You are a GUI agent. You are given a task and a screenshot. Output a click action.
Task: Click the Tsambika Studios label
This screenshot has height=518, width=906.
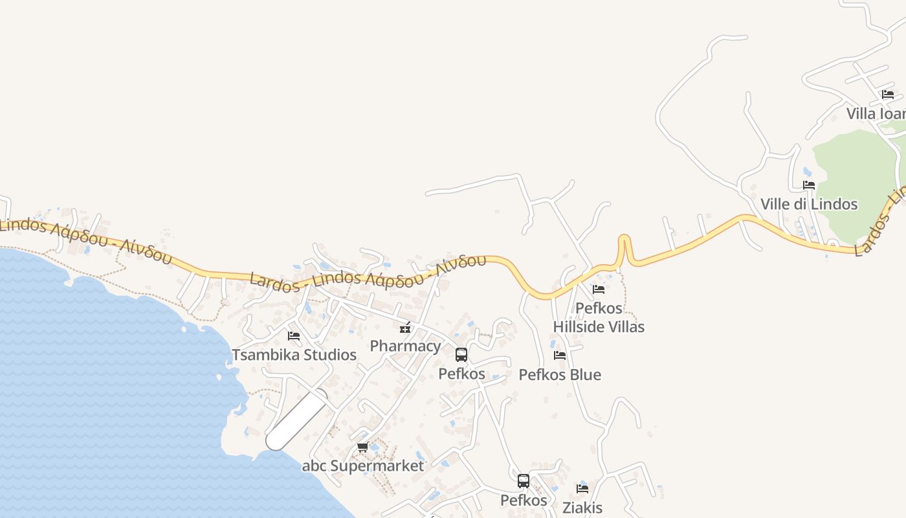click(x=294, y=355)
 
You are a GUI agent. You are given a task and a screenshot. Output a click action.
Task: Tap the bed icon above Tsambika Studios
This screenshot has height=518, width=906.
click(x=294, y=335)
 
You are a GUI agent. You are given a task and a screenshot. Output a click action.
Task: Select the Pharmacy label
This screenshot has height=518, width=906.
click(x=405, y=346)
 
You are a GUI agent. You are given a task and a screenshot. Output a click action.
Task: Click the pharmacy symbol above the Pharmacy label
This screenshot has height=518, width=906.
click(x=405, y=328)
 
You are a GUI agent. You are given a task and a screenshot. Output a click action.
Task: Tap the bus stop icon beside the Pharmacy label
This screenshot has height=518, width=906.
click(x=461, y=355)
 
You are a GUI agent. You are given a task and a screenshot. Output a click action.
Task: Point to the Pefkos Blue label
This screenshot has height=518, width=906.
click(x=560, y=375)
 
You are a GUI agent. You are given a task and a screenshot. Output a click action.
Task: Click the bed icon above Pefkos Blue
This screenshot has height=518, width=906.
click(x=560, y=355)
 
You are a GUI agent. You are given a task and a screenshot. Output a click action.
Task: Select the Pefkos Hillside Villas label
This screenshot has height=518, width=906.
click(x=599, y=317)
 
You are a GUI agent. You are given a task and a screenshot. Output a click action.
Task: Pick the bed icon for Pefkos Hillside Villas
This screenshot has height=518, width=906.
click(x=599, y=289)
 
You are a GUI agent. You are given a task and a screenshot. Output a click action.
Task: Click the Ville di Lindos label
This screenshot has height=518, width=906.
click(x=809, y=204)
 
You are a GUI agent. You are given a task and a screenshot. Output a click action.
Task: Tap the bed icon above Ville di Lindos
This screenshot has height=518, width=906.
click(x=809, y=185)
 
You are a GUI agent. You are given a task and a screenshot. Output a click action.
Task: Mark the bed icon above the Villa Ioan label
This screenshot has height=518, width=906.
click(x=888, y=95)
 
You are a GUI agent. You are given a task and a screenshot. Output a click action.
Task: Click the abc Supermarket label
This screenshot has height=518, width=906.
click(x=363, y=466)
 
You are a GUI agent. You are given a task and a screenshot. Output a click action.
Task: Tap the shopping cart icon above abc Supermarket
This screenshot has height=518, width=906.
click(x=363, y=447)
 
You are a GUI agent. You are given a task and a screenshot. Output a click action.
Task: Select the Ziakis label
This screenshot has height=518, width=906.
click(x=582, y=508)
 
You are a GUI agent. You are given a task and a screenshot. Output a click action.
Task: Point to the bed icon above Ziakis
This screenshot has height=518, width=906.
click(x=582, y=489)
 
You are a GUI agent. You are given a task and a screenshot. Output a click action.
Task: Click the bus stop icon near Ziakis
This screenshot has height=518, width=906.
click(x=524, y=481)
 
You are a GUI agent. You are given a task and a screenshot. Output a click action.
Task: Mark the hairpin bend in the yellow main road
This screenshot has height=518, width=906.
click(x=624, y=241)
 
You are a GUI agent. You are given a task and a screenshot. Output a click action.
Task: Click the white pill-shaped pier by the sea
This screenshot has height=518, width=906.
click(x=296, y=420)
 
